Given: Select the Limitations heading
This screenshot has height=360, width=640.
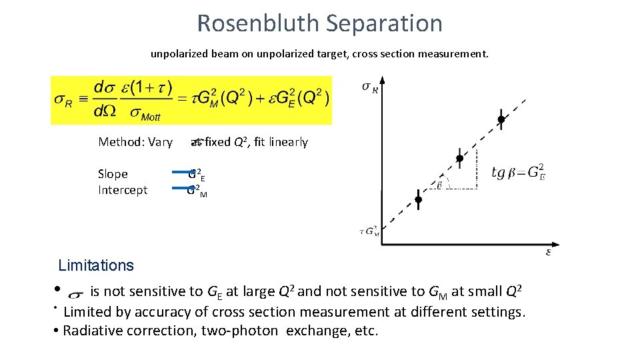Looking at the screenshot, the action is (96, 265).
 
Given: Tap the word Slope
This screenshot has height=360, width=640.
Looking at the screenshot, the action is (113, 174).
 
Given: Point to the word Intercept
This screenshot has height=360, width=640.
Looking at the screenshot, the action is (123, 190).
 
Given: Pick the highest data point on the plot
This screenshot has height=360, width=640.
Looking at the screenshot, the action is (501, 120).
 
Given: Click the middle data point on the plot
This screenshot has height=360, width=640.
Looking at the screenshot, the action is (459, 159).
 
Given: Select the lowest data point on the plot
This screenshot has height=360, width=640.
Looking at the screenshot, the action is (418, 199).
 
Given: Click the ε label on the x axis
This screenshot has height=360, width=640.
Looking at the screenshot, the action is (549, 251).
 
